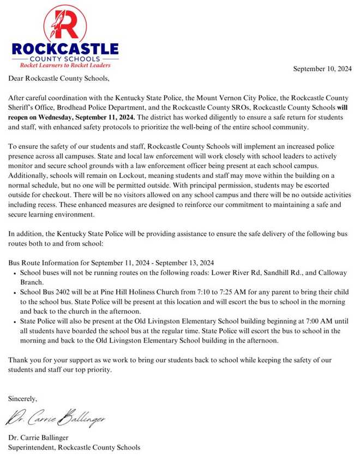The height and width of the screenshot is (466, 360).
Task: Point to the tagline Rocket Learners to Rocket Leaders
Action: tap(64, 65)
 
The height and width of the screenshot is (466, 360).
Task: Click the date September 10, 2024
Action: tap(322, 69)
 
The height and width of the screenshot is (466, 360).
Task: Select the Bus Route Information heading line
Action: tap(111, 261)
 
